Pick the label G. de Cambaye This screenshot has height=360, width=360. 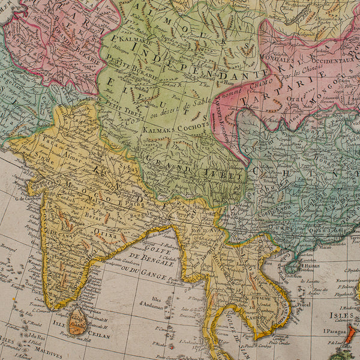coord(28,199)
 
